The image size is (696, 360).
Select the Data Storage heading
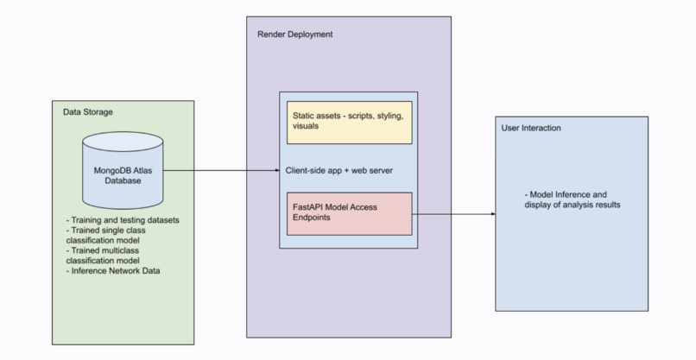(88, 113)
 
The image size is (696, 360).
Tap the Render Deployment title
(295, 35)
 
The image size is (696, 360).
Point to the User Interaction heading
(531, 128)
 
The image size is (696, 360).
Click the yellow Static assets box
(349, 122)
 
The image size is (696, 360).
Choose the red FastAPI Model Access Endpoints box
(349, 213)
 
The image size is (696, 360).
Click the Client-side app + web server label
(339, 170)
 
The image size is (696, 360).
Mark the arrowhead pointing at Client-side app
(275, 170)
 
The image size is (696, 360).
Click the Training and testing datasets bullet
(123, 220)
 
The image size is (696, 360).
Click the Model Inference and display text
(572, 199)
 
